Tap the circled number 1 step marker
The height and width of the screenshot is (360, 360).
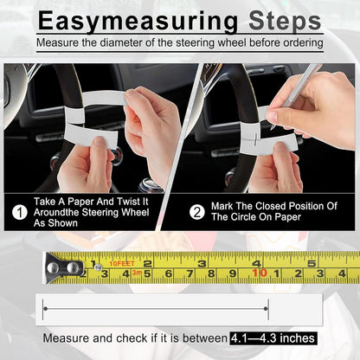(18, 209)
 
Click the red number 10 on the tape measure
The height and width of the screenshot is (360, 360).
(258, 273)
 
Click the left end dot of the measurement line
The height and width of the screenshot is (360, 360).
(44, 307)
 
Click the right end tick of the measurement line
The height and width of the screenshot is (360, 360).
(268, 307)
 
